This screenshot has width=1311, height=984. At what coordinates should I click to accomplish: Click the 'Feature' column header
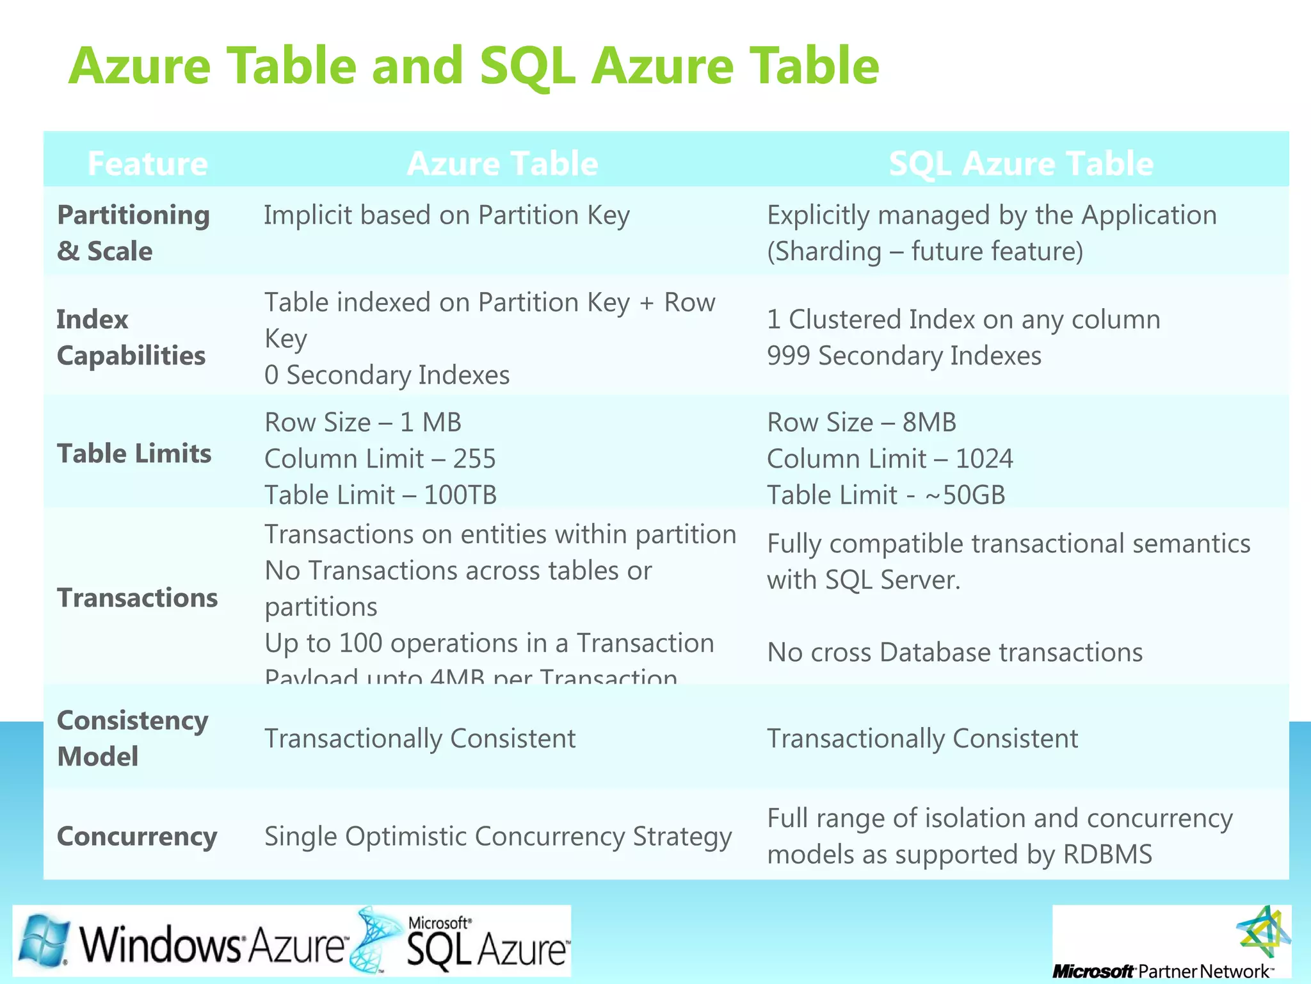coord(147,163)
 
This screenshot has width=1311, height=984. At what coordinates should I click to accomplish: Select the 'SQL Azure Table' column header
coord(1021,163)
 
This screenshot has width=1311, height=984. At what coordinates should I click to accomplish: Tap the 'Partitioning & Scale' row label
coord(133,233)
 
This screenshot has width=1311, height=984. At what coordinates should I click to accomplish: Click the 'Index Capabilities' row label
coord(131,337)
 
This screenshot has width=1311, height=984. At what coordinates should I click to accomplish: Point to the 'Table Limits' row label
coord(134,453)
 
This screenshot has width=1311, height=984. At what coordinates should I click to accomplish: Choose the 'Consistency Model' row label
coord(132,738)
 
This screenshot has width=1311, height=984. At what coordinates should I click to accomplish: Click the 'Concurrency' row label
coord(137,836)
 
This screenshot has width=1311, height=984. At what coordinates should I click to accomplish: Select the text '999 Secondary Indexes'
coord(904,356)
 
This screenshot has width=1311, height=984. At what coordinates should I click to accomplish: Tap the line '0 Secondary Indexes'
coord(387,375)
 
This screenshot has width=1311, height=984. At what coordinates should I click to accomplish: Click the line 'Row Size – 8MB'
coord(862,422)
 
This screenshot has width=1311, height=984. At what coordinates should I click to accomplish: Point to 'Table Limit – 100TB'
coord(380,495)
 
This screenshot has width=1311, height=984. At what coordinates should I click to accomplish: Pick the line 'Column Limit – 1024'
coord(890,459)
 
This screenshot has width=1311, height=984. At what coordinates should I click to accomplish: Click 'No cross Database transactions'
coord(954,652)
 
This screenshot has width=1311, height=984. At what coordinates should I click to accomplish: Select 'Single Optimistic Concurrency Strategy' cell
coord(497,836)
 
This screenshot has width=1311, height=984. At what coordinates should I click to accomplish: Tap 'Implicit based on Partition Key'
coord(446,215)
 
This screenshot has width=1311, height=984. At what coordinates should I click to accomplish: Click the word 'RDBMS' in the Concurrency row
coord(1107,855)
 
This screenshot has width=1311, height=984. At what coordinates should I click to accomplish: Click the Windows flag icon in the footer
coord(44,940)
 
